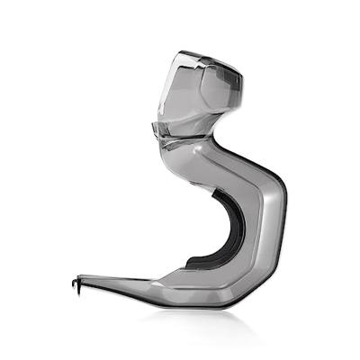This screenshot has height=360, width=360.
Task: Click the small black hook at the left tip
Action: (x=75, y=285)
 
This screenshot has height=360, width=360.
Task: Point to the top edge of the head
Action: (x=202, y=56)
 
